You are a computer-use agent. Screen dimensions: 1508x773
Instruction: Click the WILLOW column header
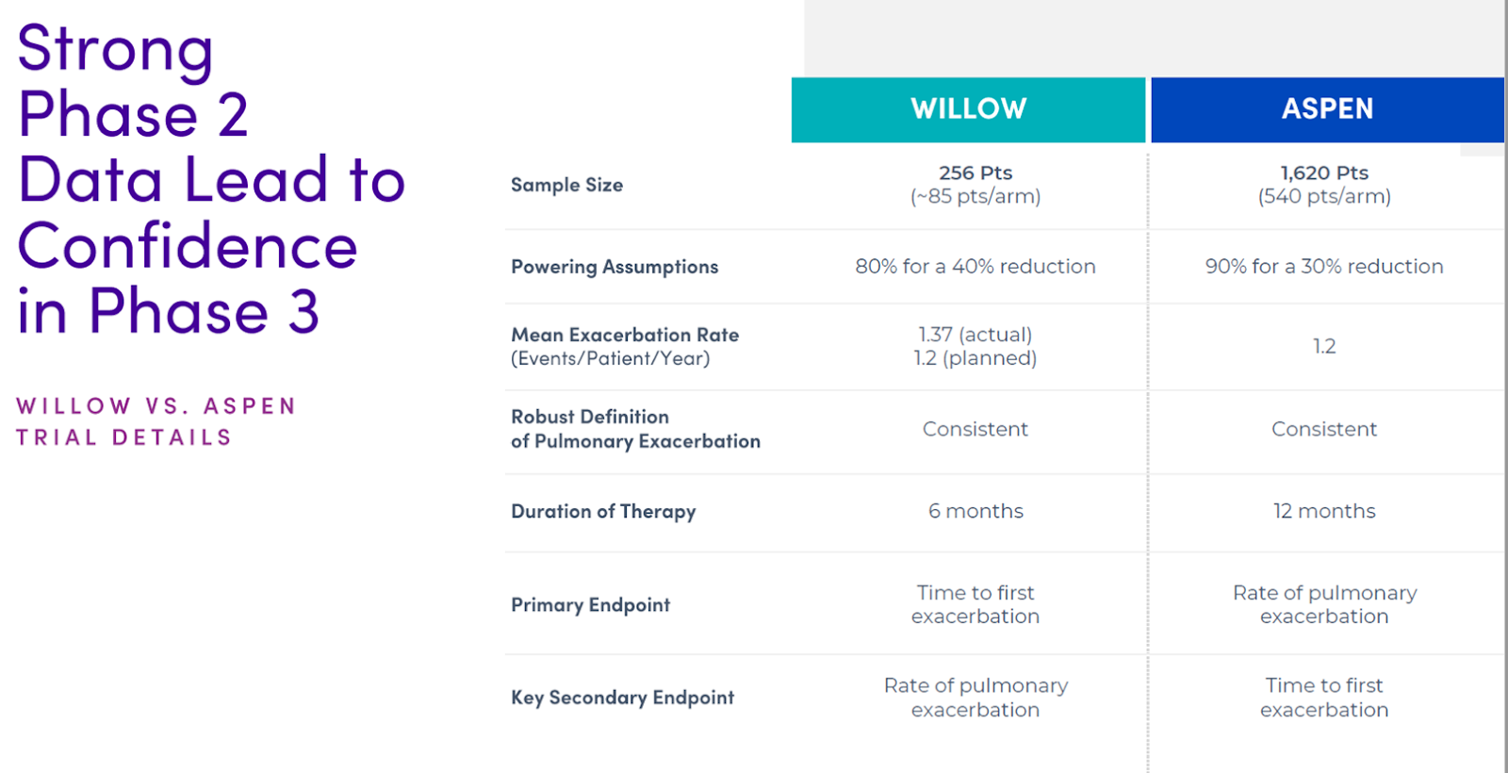pyautogui.click(x=968, y=109)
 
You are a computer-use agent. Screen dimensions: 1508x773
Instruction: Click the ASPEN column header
pyautogui.click(x=1328, y=109)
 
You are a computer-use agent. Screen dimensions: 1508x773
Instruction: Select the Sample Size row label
pyautogui.click(x=566, y=185)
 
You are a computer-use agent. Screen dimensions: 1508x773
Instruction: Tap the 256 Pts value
pyautogui.click(x=975, y=173)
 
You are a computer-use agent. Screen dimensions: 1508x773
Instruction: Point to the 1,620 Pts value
pyautogui.click(x=1324, y=173)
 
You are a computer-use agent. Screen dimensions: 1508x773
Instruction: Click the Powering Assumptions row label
pyautogui.click(x=615, y=267)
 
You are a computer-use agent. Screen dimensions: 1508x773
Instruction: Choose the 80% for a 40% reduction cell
pyautogui.click(x=975, y=267)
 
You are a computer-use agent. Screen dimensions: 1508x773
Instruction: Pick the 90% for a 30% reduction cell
pyautogui.click(x=1324, y=267)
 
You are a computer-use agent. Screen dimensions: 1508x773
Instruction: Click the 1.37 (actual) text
pyautogui.click(x=975, y=335)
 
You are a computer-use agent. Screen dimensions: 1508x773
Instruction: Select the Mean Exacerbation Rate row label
pyautogui.click(x=625, y=335)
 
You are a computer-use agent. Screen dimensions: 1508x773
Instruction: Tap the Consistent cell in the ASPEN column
pyautogui.click(x=1324, y=429)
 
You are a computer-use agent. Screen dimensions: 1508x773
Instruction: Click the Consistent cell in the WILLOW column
pyautogui.click(x=975, y=429)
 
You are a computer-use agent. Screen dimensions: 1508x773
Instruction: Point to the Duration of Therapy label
pyautogui.click(x=603, y=512)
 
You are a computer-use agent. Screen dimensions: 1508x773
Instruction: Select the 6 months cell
pyautogui.click(x=975, y=511)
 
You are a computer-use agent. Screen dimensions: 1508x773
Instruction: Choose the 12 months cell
pyautogui.click(x=1324, y=511)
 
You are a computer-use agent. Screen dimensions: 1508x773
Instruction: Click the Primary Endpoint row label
pyautogui.click(x=590, y=604)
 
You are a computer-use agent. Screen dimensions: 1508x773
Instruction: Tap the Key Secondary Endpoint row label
pyautogui.click(x=622, y=698)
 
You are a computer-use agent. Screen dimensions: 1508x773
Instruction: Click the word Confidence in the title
pyautogui.click(x=188, y=246)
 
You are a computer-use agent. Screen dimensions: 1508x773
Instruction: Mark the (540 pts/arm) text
pyautogui.click(x=1324, y=197)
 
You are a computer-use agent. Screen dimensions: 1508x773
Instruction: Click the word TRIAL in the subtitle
pyautogui.click(x=56, y=437)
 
